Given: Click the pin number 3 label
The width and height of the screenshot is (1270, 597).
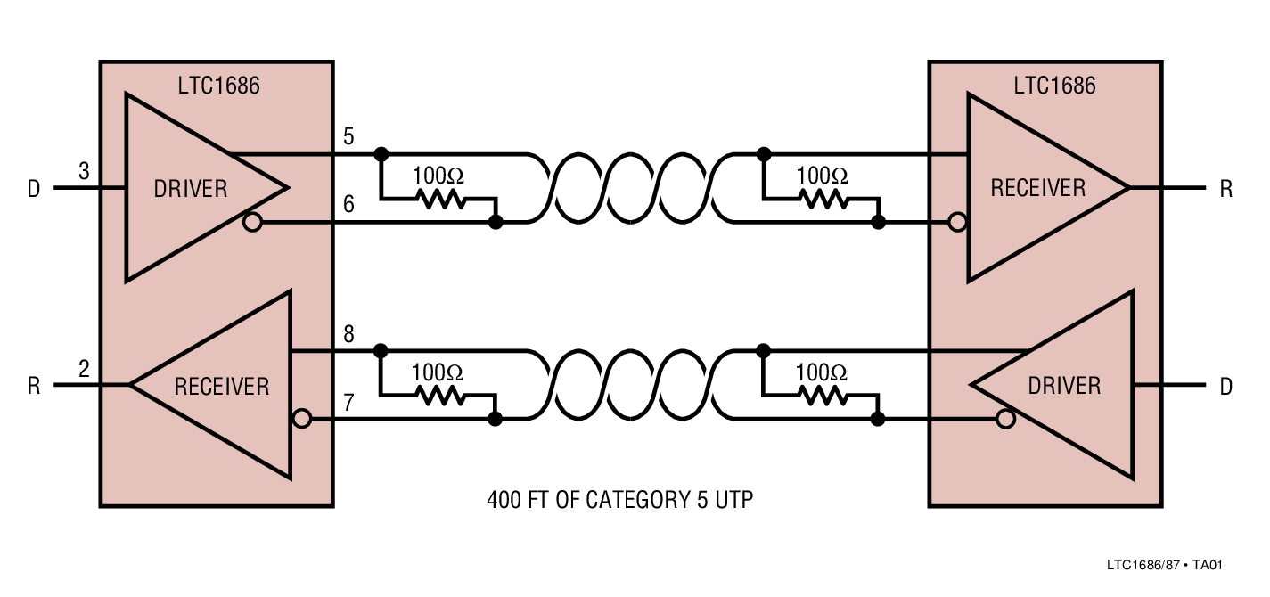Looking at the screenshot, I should click(x=84, y=171).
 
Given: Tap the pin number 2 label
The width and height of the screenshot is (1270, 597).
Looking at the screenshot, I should click(x=84, y=368).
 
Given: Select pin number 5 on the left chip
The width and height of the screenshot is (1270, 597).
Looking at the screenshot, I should click(x=348, y=137).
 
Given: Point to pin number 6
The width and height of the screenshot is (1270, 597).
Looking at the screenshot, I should click(x=348, y=204).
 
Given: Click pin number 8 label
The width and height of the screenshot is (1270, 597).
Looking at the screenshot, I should click(x=348, y=335).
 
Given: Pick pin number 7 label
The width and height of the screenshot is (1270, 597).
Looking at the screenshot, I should click(x=348, y=403).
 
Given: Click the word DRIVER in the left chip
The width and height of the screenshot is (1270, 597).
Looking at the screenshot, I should click(x=191, y=189).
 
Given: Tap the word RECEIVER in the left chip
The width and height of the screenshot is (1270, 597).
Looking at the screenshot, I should click(x=221, y=386).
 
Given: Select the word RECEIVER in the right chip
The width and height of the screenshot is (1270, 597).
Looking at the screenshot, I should click(x=1038, y=188).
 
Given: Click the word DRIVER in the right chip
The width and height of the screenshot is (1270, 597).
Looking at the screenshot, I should click(x=1064, y=386).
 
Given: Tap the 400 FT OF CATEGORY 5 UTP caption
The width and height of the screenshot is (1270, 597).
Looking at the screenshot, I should click(x=619, y=500).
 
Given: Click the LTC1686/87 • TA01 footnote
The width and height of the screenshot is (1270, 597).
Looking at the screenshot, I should click(x=1164, y=565).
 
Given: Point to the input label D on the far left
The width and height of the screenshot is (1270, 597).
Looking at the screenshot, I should click(x=34, y=190).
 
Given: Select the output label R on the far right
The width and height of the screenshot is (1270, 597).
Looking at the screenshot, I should click(x=1226, y=189).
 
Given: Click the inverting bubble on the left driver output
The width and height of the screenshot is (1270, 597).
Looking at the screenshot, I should click(x=252, y=222).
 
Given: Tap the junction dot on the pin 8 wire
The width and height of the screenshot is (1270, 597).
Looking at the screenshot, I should click(x=381, y=349).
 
